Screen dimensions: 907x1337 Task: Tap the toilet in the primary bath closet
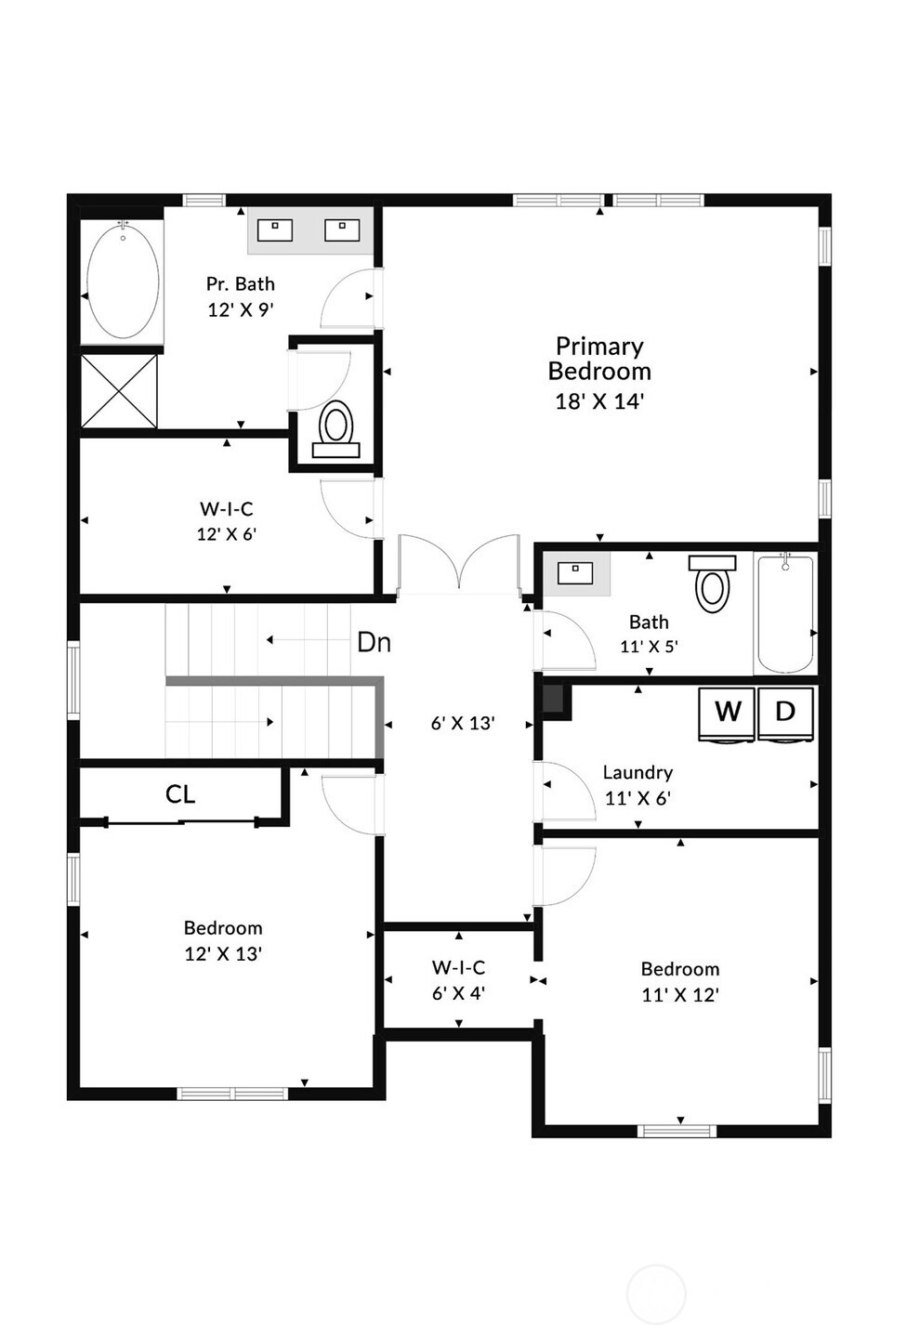pos(336,428)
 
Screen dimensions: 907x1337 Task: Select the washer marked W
pos(727,714)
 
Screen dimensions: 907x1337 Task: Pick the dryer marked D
pos(785,714)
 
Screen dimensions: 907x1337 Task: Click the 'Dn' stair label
pos(374,642)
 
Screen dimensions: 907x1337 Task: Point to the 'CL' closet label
pos(179,794)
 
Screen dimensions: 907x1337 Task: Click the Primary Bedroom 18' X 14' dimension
pos(599,401)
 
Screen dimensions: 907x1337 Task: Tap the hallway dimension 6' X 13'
pos(463,724)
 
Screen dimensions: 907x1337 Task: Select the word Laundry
pos(638,773)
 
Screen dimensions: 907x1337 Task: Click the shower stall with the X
pos(119,391)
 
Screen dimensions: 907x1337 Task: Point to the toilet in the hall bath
pos(713,583)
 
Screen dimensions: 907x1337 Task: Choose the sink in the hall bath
pos(575,573)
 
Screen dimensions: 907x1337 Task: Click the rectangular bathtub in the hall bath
pos(785,614)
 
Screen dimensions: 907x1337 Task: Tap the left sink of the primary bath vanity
pos(275,229)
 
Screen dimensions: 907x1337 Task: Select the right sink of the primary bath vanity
pos(342,229)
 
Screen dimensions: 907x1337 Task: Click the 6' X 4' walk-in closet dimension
pos(458,993)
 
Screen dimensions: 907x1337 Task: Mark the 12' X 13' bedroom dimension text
pos(223,954)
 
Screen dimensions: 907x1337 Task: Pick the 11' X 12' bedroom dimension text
pos(680,995)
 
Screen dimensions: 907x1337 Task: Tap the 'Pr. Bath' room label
pos(241,284)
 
